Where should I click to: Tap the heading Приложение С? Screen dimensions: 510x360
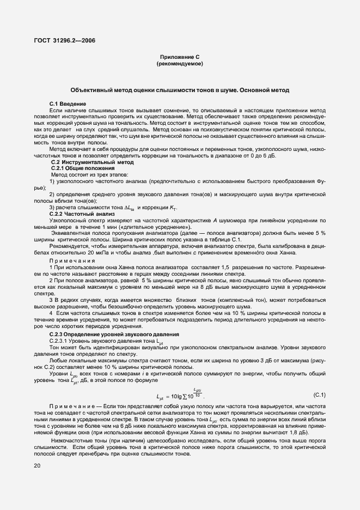[x=180, y=57]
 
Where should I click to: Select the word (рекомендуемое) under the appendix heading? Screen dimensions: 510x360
[x=180, y=64]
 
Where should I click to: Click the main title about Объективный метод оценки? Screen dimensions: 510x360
[x=180, y=89]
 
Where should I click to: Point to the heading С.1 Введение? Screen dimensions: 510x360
[x=68, y=104]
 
